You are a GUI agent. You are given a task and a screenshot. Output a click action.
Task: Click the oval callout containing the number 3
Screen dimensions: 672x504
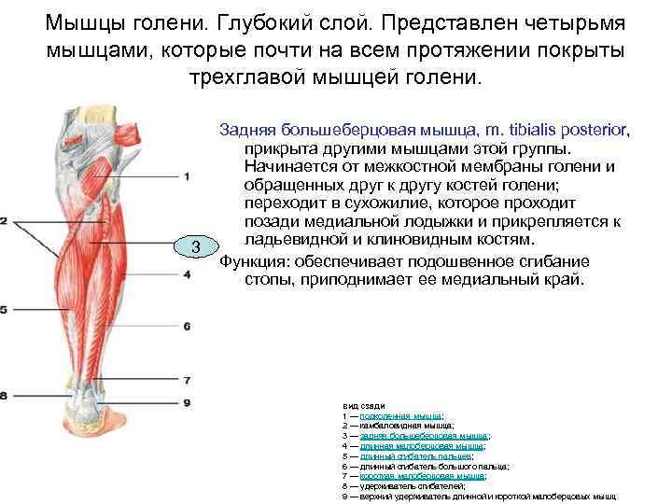tap(196, 246)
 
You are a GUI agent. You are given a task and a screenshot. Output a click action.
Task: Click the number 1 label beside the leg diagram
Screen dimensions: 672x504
tap(187, 175)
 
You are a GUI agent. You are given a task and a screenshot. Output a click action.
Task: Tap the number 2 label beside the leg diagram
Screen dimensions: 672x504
tap(4, 221)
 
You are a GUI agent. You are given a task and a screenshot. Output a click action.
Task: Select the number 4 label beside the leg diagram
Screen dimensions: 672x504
tap(187, 273)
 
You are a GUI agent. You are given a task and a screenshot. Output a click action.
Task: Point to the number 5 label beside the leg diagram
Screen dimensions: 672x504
tap(4, 309)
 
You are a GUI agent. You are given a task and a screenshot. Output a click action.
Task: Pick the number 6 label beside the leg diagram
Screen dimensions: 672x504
tap(187, 326)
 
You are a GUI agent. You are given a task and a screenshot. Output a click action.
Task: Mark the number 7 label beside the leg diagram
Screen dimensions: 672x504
tap(187, 381)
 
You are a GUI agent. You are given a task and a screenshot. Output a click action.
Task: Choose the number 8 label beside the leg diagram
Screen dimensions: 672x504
tap(4, 396)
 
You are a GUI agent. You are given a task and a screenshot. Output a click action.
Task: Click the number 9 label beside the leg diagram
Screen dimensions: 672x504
tap(187, 402)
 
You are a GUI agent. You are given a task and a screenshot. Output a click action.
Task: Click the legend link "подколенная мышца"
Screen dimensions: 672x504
tap(400, 414)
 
